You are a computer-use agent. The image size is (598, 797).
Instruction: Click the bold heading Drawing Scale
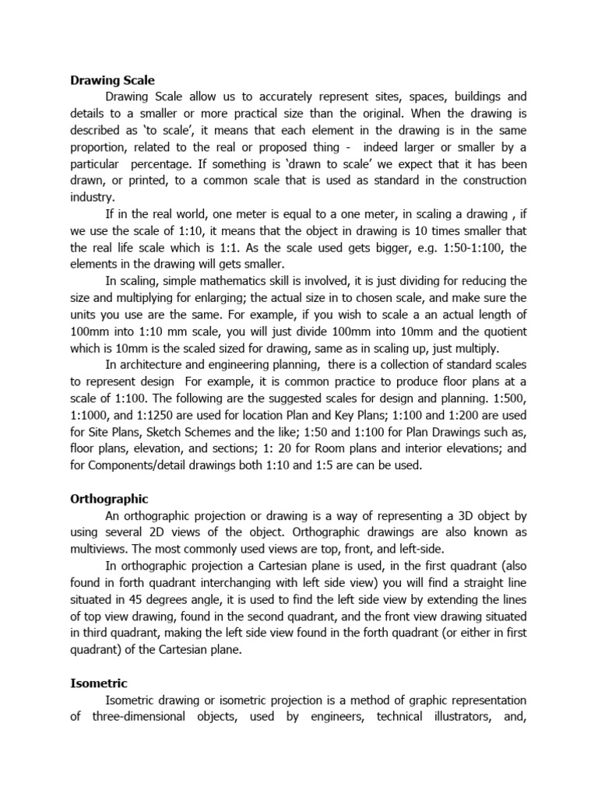point(112,80)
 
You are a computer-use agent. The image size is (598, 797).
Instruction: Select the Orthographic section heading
point(109,498)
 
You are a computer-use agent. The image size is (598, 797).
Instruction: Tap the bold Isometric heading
point(99,683)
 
